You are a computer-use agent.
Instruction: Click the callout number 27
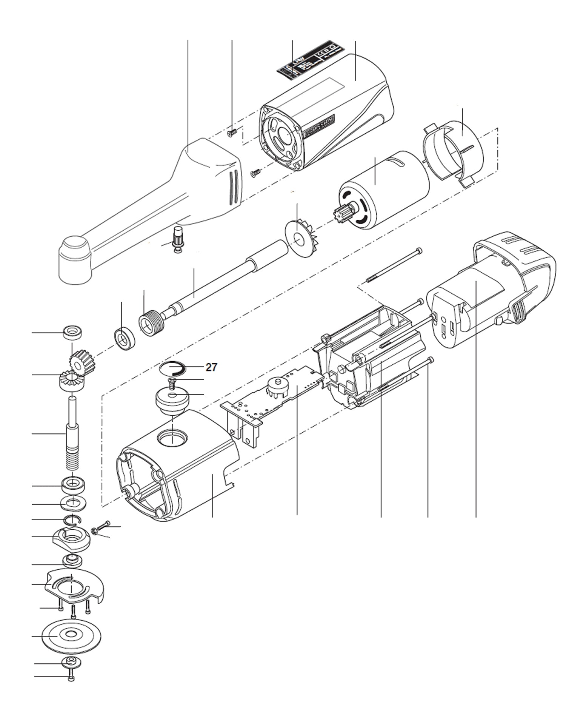[x=211, y=367]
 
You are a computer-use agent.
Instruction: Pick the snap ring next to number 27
[x=172, y=367]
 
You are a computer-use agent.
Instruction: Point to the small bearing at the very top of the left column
[x=72, y=333]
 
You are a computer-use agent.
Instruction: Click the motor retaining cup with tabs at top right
[x=453, y=151]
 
